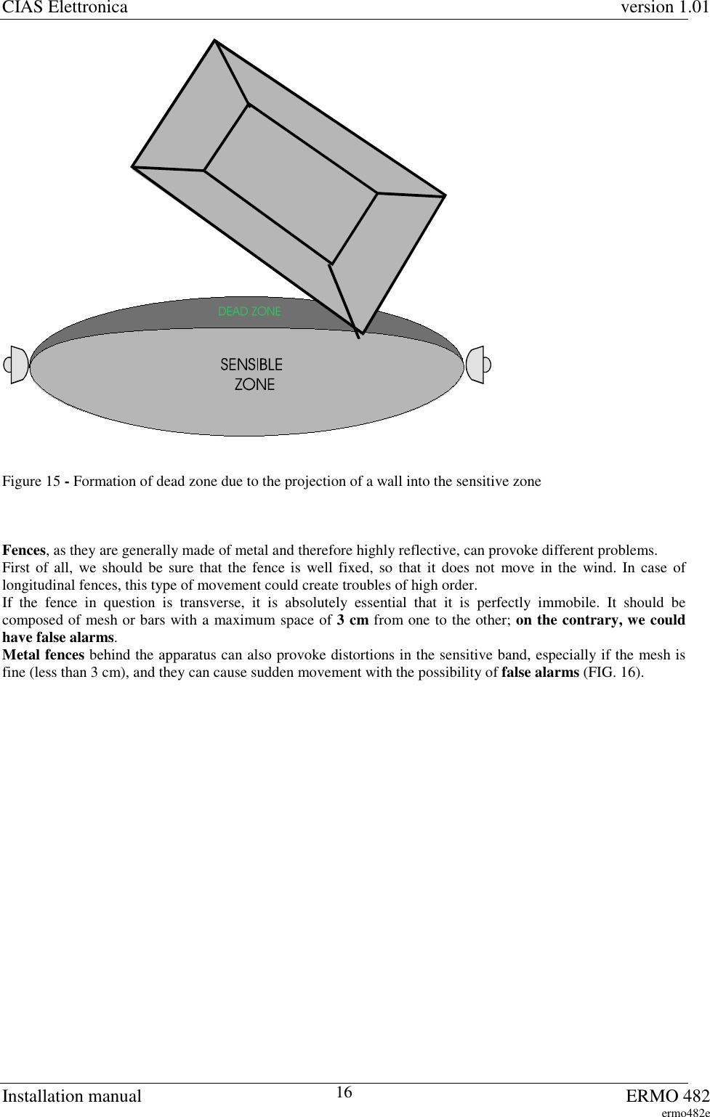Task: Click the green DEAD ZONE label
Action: coord(249,312)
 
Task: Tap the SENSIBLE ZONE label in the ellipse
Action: coord(252,374)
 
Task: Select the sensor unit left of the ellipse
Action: coord(16,365)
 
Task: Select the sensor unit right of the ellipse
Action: coord(477,365)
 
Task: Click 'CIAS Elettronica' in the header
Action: coord(65,8)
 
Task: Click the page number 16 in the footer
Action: coord(345,1092)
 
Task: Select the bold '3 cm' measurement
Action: coord(352,620)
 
